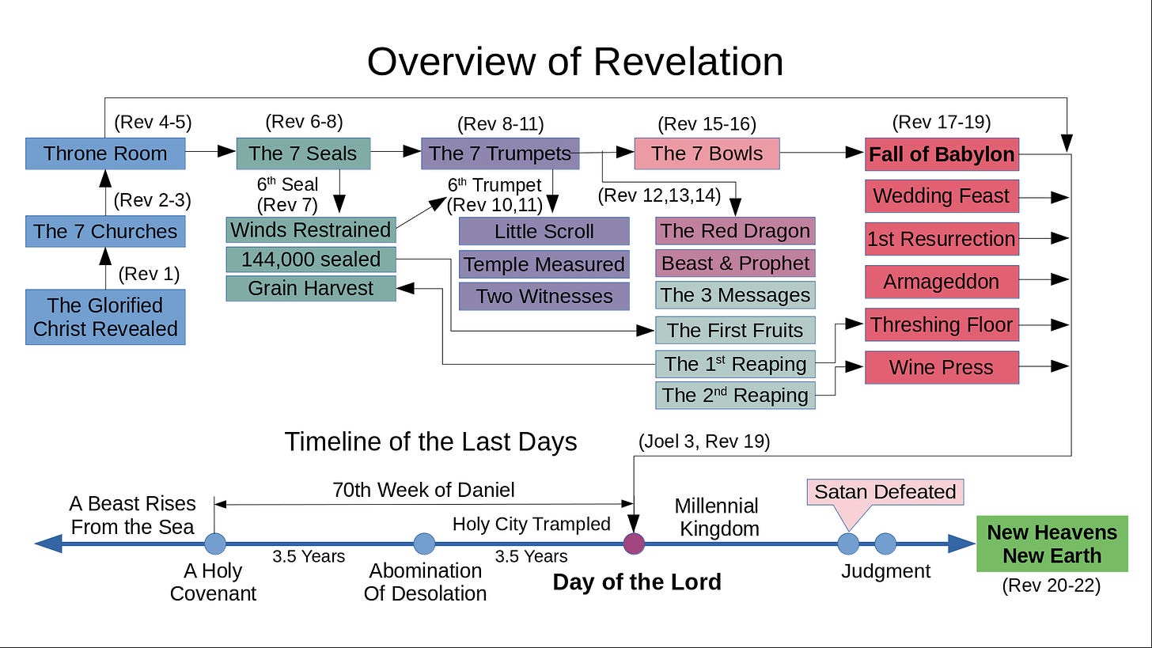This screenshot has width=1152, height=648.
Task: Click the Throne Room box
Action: [105, 153]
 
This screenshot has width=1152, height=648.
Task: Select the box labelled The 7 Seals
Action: [303, 153]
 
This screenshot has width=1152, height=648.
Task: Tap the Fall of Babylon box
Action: [942, 154]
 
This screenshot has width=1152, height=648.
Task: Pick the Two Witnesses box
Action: [544, 296]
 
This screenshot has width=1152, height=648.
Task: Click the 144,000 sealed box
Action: [311, 260]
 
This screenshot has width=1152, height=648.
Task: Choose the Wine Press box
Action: [942, 367]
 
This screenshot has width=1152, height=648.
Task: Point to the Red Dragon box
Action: [735, 231]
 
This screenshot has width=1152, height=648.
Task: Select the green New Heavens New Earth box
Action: [1052, 544]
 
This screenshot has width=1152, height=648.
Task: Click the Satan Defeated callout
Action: [885, 492]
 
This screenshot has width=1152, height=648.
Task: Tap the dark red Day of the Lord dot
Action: [634, 544]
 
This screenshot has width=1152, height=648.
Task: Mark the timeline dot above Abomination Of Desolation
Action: [425, 544]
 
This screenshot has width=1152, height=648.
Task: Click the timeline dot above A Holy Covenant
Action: [214, 544]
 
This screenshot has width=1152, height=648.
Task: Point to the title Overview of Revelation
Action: [575, 61]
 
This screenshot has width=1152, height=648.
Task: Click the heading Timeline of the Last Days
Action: [430, 441]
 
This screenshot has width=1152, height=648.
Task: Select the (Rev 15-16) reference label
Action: [707, 124]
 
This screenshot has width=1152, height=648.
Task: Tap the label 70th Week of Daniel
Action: [423, 490]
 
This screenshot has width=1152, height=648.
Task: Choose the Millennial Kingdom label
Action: [717, 517]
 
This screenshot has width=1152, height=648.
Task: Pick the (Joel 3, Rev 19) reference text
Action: [703, 441]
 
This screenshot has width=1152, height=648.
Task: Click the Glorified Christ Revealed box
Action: [105, 316]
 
